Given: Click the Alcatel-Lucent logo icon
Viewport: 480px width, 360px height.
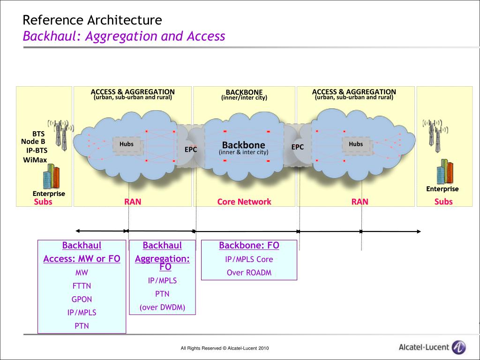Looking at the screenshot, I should [x=458, y=347].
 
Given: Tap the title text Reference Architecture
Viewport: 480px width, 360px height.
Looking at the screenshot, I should [x=92, y=20].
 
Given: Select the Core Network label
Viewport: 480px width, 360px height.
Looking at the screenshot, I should [x=244, y=202].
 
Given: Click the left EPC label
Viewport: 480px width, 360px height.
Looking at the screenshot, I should [x=190, y=150].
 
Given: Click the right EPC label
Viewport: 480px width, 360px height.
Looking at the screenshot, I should [x=298, y=147].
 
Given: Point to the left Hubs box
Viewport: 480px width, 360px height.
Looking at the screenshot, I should [x=126, y=144].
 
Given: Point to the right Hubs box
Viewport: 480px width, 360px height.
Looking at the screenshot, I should [x=356, y=144].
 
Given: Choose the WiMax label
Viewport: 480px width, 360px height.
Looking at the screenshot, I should [x=35, y=160].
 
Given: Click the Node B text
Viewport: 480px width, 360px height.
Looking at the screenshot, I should [x=33, y=142].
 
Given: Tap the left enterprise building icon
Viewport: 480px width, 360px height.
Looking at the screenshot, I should [x=51, y=177].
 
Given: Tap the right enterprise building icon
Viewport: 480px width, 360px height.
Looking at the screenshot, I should [x=444, y=172].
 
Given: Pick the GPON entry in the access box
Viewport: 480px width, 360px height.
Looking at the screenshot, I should [x=82, y=299].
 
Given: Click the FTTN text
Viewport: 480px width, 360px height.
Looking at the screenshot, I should [x=82, y=286].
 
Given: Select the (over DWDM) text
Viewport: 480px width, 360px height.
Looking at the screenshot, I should [x=162, y=307].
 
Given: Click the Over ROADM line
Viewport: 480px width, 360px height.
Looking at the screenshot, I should [x=249, y=273].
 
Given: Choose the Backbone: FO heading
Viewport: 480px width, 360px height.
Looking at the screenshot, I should [x=249, y=246].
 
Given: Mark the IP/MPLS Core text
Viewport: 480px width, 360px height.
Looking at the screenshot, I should [x=249, y=259].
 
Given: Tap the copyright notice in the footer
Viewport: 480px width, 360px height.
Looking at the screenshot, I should [x=225, y=348].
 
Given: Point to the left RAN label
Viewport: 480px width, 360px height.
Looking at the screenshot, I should [x=133, y=202].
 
